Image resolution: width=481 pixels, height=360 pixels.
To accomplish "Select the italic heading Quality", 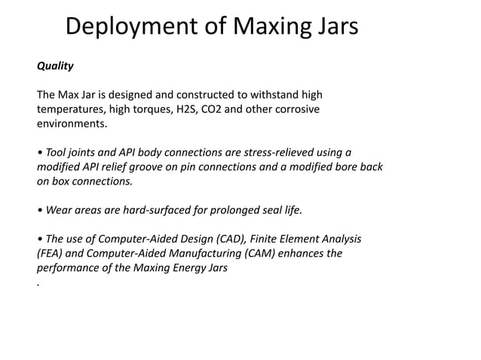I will (x=56, y=66).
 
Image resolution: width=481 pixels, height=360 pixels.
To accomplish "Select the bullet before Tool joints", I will (x=39, y=153).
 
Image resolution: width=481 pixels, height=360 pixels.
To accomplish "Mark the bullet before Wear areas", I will (x=39, y=210).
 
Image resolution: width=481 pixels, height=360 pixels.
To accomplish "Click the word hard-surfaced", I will (x=145, y=210).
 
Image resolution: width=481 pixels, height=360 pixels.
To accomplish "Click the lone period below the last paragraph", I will (x=38, y=285).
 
